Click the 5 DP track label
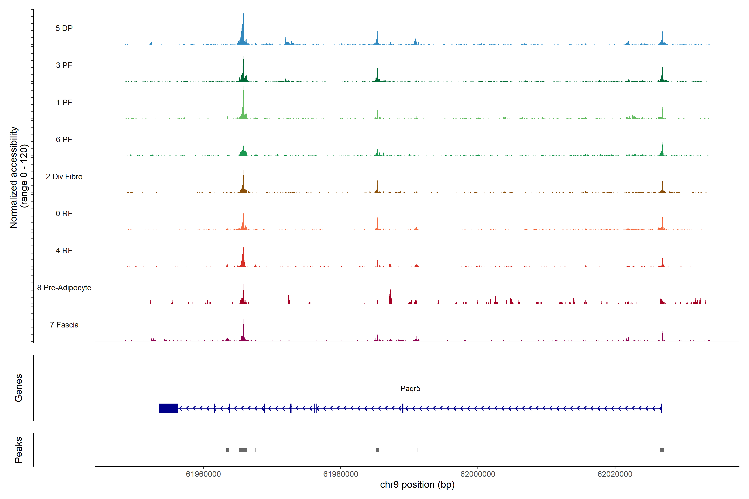64,28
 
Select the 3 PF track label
64,65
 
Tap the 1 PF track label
64,103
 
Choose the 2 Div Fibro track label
64,177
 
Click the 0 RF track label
64,214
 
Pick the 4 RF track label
64,251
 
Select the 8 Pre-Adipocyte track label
64,288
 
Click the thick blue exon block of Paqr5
168,408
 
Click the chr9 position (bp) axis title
417,485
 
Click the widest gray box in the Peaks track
243,450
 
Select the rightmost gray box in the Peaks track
662,450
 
